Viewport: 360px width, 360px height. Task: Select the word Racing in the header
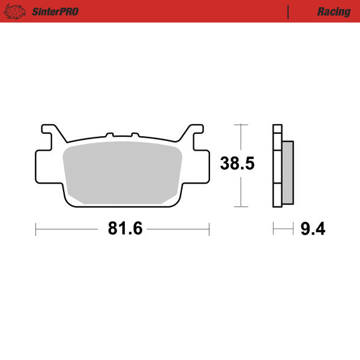coord(334,11)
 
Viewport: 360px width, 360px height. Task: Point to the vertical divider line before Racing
coord(289,11)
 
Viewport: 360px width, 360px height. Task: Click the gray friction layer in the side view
coord(287,172)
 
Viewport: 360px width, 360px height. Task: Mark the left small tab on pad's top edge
coord(109,135)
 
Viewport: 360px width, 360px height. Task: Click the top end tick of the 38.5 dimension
coord(241,125)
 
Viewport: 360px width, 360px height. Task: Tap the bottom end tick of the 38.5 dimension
coord(241,207)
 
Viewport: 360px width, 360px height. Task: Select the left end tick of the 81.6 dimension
coord(36,229)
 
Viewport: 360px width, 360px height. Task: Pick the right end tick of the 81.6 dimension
coord(209,229)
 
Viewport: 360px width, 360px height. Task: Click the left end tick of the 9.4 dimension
coord(274,229)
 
